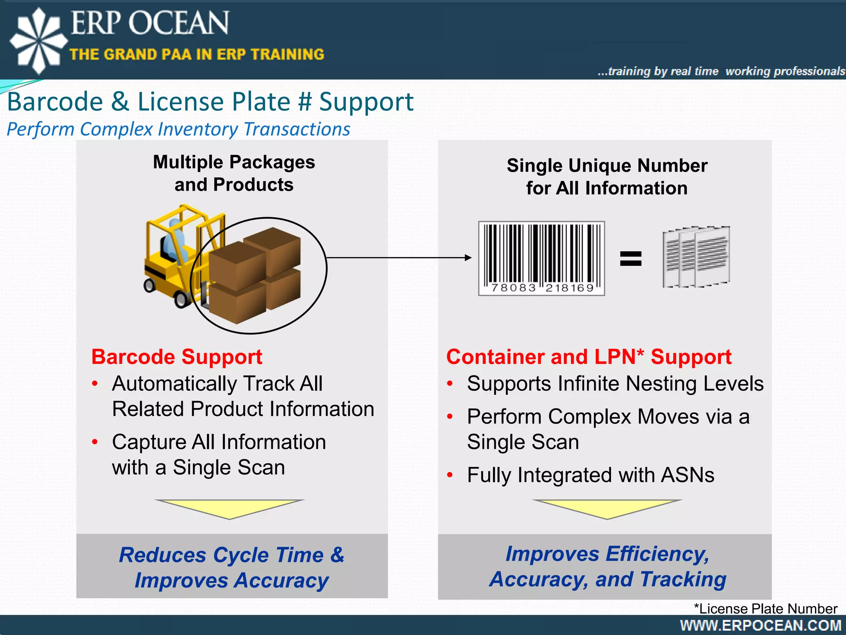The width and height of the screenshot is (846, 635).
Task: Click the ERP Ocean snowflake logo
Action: pyautogui.click(x=38, y=41)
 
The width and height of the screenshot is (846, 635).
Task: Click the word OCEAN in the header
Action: pyautogui.click(x=178, y=23)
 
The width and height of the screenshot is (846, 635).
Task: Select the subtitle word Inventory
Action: pyautogui.click(x=198, y=129)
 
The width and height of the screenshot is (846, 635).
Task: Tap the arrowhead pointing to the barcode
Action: pyautogui.click(x=468, y=258)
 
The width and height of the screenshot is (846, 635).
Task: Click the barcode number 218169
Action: pyautogui.click(x=569, y=288)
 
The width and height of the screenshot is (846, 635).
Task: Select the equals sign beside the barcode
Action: pyautogui.click(x=631, y=259)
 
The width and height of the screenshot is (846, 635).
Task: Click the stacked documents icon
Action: pyautogui.click(x=696, y=257)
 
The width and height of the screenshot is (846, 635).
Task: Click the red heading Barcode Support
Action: pyautogui.click(x=177, y=357)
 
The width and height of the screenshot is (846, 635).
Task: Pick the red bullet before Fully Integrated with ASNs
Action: pyautogui.click(x=450, y=475)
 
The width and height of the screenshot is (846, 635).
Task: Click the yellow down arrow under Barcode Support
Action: pyautogui.click(x=230, y=508)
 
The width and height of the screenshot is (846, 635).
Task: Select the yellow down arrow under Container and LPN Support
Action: pyautogui.click(x=607, y=508)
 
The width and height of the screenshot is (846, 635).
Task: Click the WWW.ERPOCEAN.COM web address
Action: pyautogui.click(x=760, y=625)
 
